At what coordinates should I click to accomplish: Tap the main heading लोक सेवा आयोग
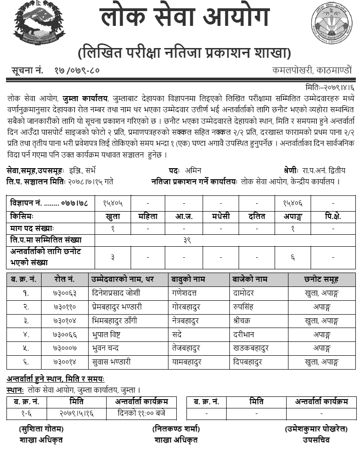(x=184, y=19)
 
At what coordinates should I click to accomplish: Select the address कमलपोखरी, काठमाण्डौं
(x=312, y=71)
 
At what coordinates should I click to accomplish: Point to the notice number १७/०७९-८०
(x=74, y=71)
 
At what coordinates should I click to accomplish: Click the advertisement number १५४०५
(x=113, y=202)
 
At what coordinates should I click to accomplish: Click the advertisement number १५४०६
(x=293, y=202)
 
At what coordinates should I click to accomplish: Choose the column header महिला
(x=148, y=216)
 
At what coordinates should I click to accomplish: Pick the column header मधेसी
(x=221, y=216)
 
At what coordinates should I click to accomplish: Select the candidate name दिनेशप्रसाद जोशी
(x=116, y=293)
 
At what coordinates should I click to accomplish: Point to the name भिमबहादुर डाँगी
(x=114, y=320)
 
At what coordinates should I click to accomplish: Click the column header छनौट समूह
(x=322, y=279)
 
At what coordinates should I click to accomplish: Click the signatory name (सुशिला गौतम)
(x=41, y=429)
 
